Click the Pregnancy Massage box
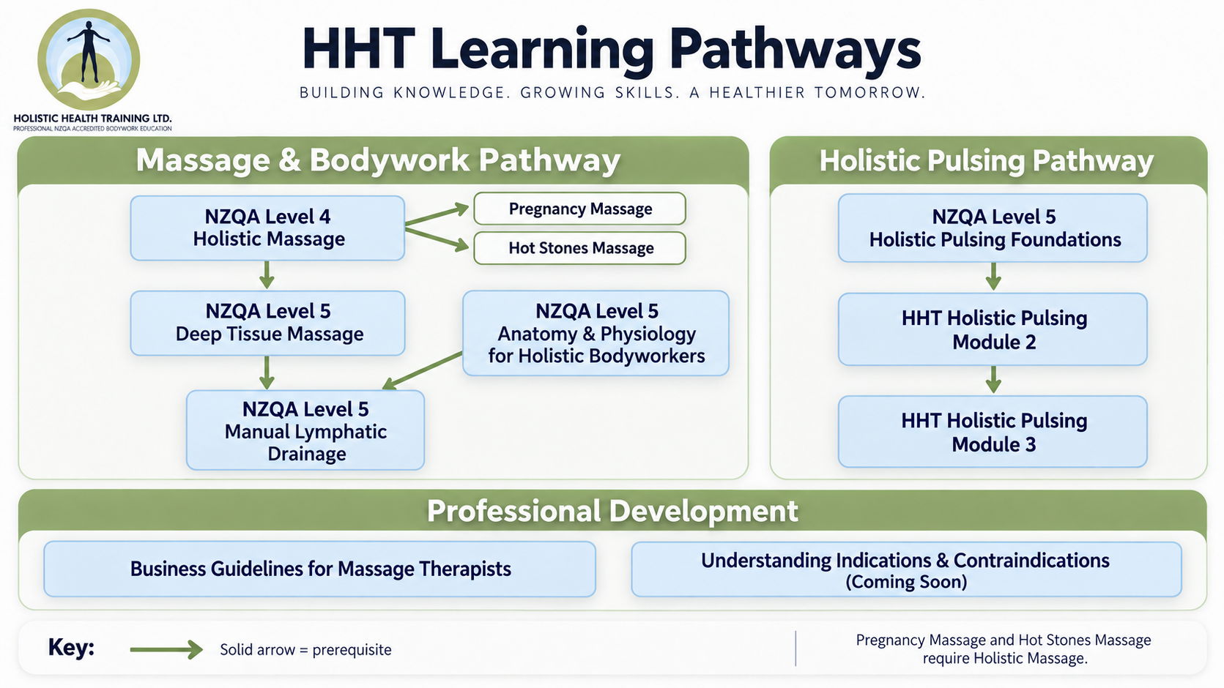tap(579, 209)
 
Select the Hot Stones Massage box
tap(579, 248)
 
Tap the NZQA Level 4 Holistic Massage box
tap(268, 228)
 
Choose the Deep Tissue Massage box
tap(268, 323)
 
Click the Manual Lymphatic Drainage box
tap(305, 430)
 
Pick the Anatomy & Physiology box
tap(596, 333)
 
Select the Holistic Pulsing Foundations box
tap(993, 228)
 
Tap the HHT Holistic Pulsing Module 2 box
tap(993, 329)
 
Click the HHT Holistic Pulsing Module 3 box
tap(993, 431)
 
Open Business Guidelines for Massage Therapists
tap(319, 569)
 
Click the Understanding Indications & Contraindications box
tap(907, 569)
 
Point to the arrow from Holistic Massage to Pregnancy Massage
tap(437, 214)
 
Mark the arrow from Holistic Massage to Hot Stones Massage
tap(437, 240)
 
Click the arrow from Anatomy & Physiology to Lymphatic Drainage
tap(423, 371)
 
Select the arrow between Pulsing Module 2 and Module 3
tap(993, 380)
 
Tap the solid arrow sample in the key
tap(166, 649)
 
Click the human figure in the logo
tap(89, 51)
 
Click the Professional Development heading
tap(612, 511)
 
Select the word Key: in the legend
tap(71, 648)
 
